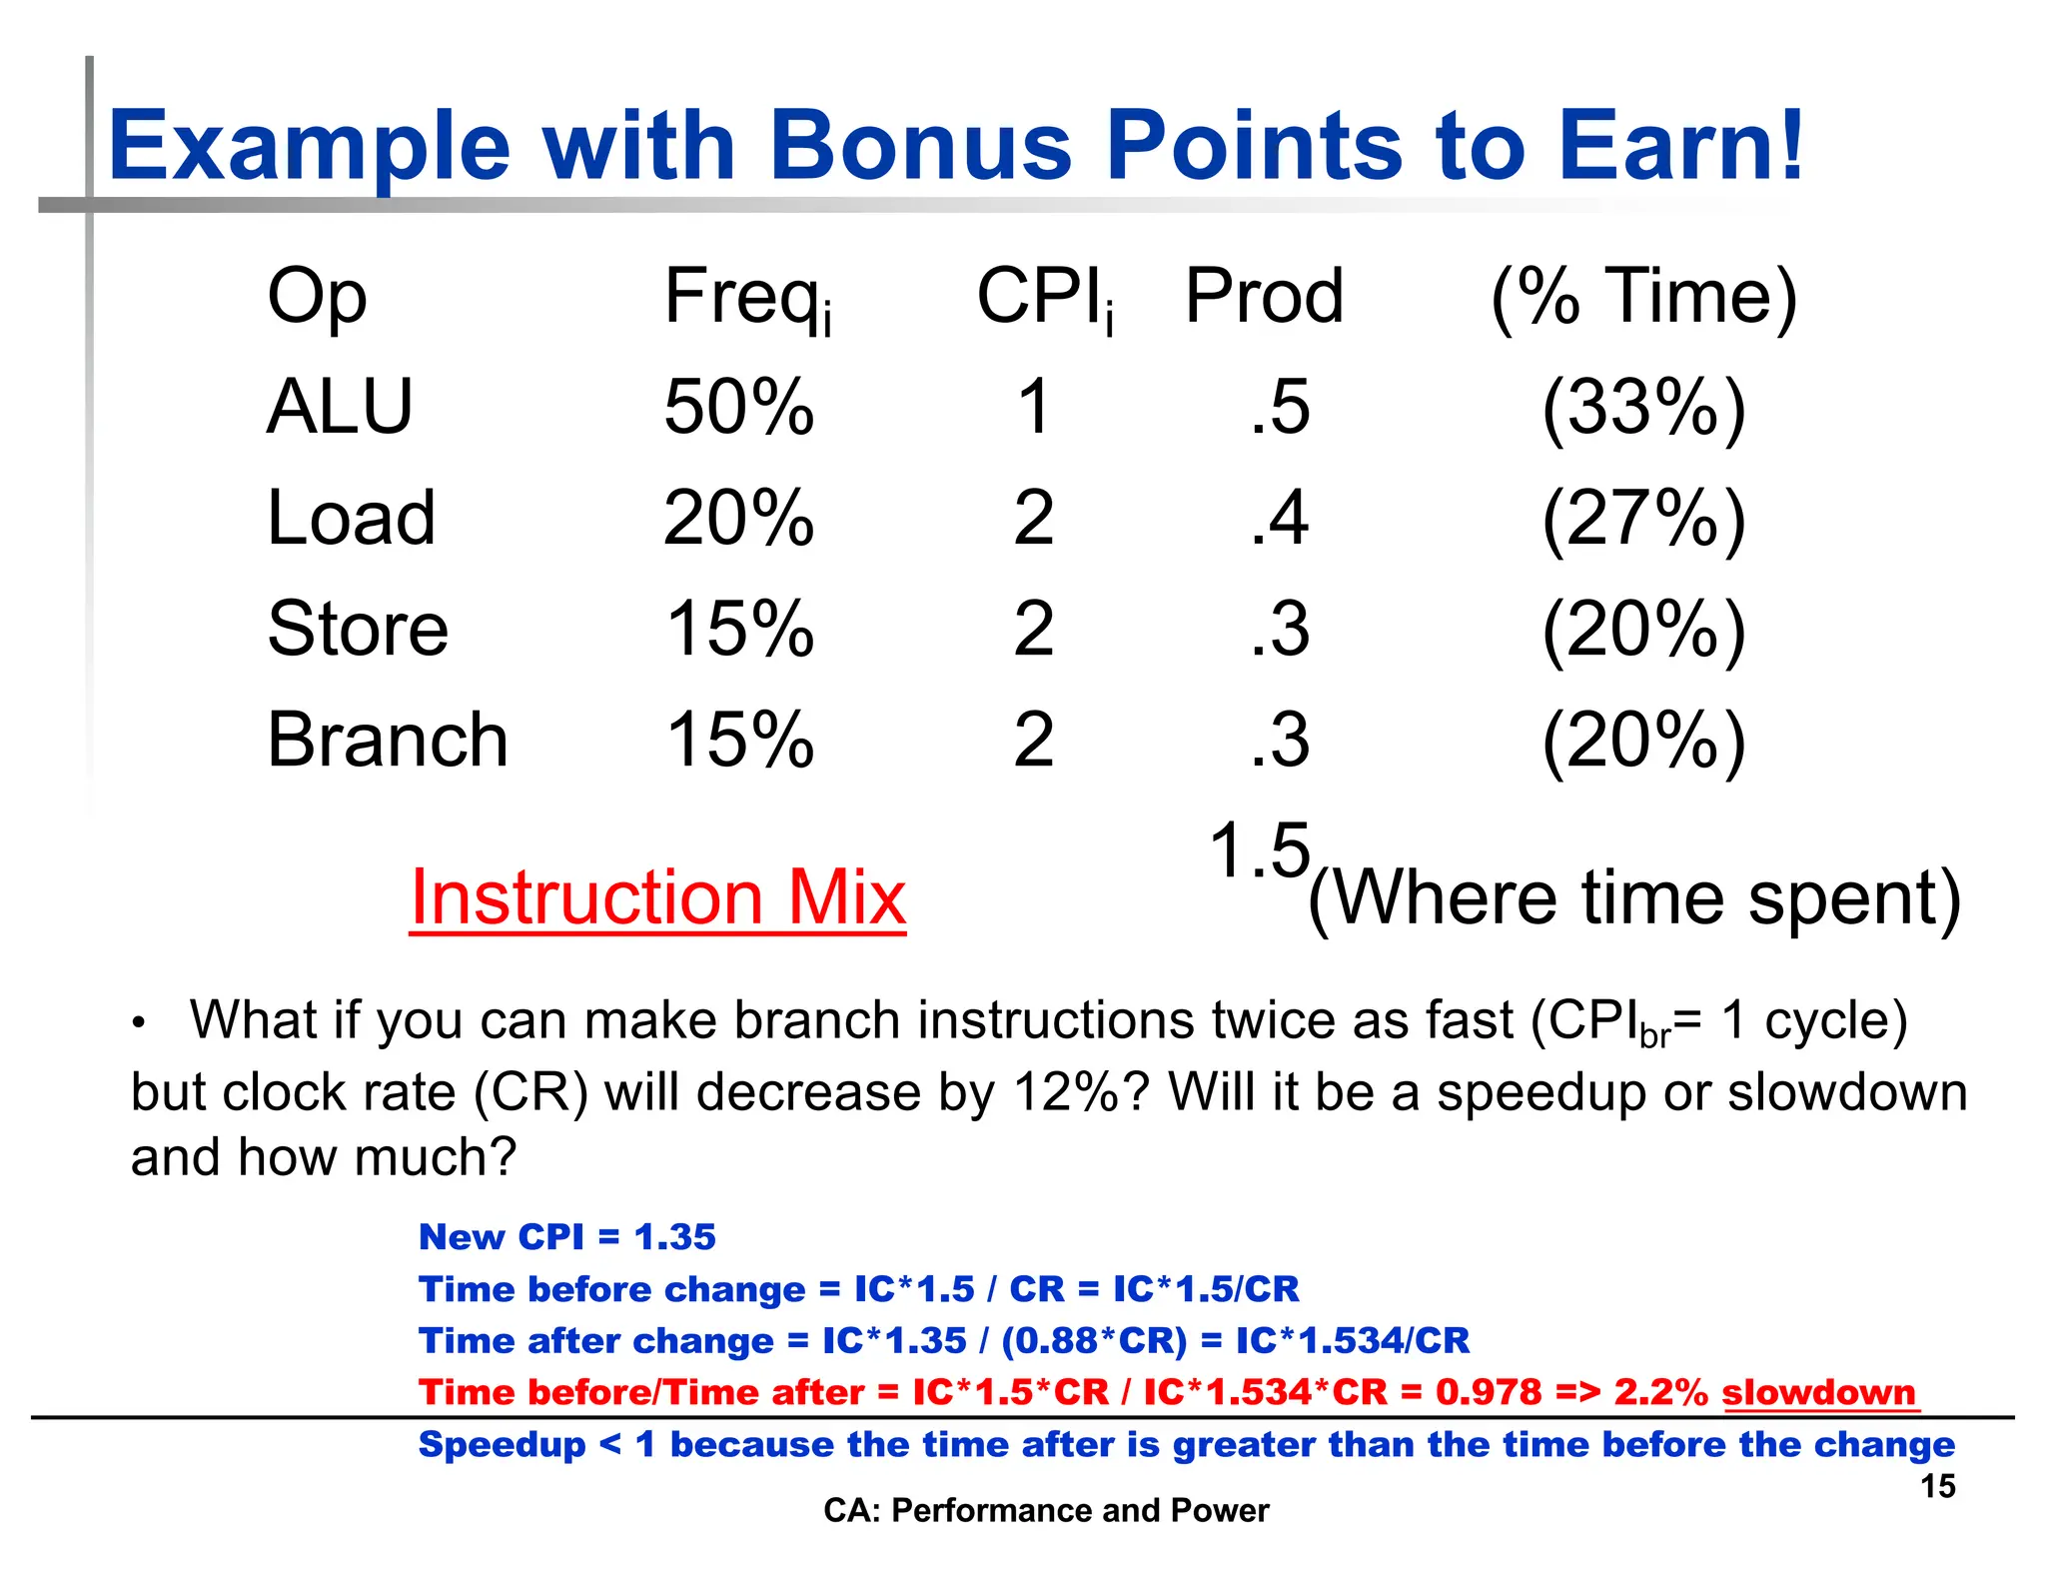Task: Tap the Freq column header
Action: point(747,298)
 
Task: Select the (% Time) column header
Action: point(1643,298)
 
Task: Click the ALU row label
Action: point(340,408)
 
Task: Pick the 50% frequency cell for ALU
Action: point(739,408)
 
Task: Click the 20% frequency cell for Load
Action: point(739,519)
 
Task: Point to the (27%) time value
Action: point(1643,519)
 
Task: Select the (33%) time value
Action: point(1643,408)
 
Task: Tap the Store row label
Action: point(358,630)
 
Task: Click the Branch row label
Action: point(388,741)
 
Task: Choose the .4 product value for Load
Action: point(1280,519)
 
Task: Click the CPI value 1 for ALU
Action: point(1034,408)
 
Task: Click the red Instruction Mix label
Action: point(658,897)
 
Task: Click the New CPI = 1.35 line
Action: point(566,1237)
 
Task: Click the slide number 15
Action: point(1937,1486)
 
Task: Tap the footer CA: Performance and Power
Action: point(1045,1510)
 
